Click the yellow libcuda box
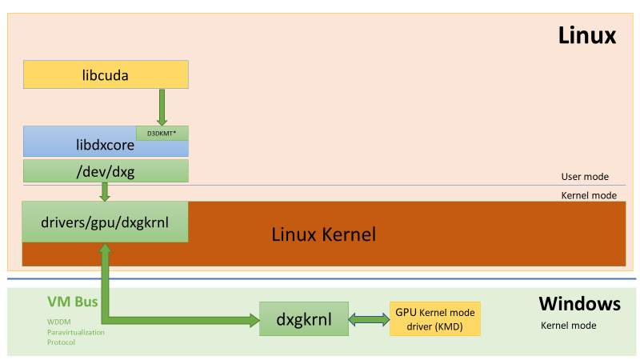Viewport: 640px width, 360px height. (x=106, y=75)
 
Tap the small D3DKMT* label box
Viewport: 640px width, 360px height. (x=162, y=133)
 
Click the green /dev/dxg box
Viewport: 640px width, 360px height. (x=106, y=170)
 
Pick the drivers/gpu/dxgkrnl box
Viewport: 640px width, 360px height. (x=106, y=222)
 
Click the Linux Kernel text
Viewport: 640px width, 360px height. (x=323, y=234)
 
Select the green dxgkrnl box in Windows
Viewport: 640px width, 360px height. (x=306, y=319)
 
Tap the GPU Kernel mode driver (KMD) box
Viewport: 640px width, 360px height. (x=434, y=319)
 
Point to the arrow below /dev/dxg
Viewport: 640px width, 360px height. (x=105, y=192)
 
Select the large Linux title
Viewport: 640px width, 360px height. (x=586, y=35)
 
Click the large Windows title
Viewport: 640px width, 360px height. (x=579, y=304)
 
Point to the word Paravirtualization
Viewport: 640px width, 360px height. (x=75, y=331)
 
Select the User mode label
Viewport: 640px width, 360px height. (x=585, y=177)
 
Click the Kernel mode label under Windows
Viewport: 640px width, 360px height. (x=569, y=326)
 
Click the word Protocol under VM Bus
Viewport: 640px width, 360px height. (x=61, y=342)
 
